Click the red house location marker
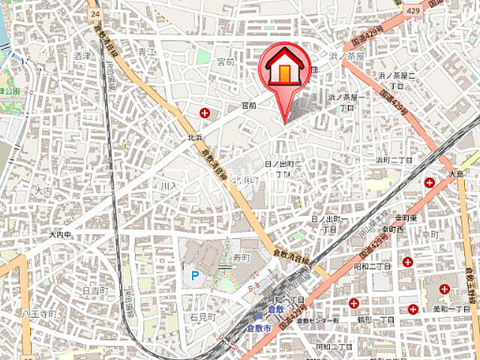284,69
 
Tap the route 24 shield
93,13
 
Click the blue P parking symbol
194,276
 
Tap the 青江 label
146,52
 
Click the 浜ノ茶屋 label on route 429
345,55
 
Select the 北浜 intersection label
196,138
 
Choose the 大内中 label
59,235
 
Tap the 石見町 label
202,317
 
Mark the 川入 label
167,184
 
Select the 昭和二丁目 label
372,266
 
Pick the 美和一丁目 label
451,308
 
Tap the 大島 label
457,173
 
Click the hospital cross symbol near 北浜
205,113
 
